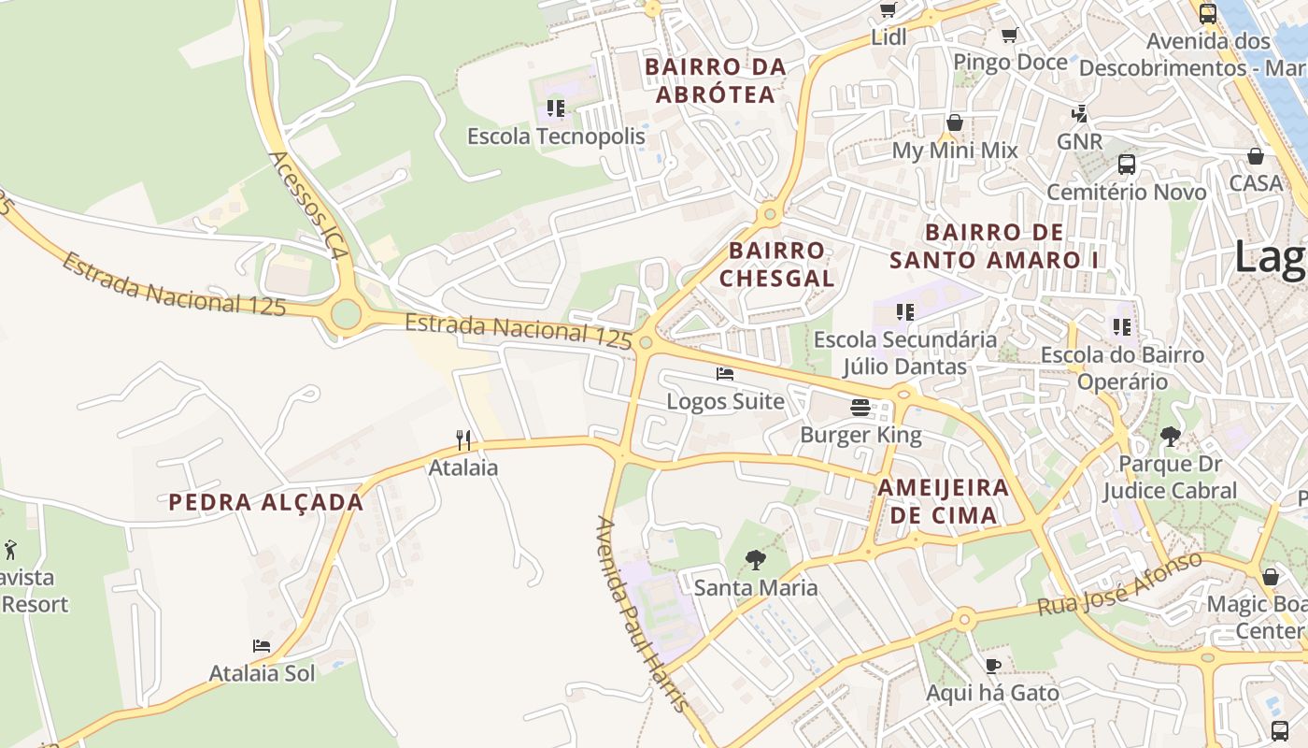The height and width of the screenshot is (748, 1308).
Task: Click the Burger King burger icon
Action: point(860,408)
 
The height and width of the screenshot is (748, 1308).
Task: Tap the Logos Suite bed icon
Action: point(724,374)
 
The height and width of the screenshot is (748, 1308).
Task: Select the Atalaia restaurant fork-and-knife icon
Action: point(462,439)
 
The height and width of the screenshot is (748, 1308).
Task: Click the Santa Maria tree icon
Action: point(755,560)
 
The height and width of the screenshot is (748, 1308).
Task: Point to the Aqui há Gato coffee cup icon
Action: point(992,666)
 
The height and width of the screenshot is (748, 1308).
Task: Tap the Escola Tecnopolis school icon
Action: point(556,108)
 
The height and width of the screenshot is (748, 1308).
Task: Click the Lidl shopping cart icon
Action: point(888,10)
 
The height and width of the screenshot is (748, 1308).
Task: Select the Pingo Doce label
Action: point(1010,62)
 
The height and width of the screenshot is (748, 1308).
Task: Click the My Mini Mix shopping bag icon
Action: point(954,122)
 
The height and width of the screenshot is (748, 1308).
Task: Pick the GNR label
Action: point(1079,142)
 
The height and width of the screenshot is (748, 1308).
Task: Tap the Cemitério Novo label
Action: point(1126,193)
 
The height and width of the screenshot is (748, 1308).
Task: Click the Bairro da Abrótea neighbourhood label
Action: point(716,80)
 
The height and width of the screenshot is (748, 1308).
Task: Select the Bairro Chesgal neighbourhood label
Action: point(776,265)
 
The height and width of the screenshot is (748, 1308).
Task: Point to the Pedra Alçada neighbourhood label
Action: point(266,502)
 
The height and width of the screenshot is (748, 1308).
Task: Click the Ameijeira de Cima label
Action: point(943,501)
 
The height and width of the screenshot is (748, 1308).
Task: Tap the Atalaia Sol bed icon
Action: point(262,646)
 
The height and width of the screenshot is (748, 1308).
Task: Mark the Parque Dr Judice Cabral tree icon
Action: point(1170,436)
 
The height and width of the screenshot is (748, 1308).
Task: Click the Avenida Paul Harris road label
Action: point(644,613)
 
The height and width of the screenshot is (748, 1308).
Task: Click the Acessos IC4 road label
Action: point(309,206)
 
